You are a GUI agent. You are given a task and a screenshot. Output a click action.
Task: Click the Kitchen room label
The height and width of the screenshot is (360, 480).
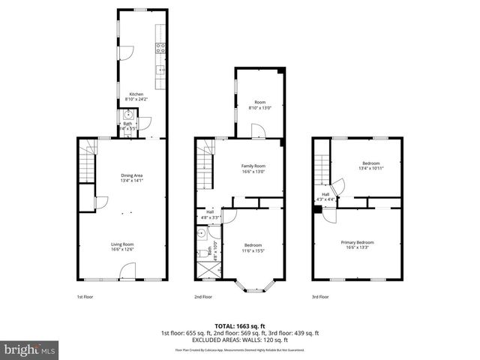click(136, 94)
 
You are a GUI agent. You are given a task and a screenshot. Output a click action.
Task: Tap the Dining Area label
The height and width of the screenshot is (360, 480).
click(132, 176)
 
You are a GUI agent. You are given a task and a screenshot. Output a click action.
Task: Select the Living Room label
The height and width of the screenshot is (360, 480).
click(122, 244)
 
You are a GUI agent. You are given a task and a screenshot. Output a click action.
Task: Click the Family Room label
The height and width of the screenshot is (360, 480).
click(253, 166)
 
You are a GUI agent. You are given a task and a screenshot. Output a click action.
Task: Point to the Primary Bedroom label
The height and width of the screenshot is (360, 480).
click(357, 242)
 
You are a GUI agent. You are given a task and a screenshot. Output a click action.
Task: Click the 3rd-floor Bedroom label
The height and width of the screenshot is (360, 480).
click(371, 163)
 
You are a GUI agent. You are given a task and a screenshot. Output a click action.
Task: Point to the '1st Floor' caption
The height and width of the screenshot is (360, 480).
click(85, 297)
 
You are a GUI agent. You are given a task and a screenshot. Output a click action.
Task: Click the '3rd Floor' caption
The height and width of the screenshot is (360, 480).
click(320, 297)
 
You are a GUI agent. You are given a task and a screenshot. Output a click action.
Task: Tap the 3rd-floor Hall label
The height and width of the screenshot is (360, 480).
click(316, 195)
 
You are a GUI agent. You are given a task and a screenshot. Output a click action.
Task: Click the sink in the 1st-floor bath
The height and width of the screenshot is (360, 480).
click(127, 115)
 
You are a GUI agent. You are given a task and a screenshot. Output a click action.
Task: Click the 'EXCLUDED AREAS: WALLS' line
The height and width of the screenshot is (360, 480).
click(239, 340)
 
